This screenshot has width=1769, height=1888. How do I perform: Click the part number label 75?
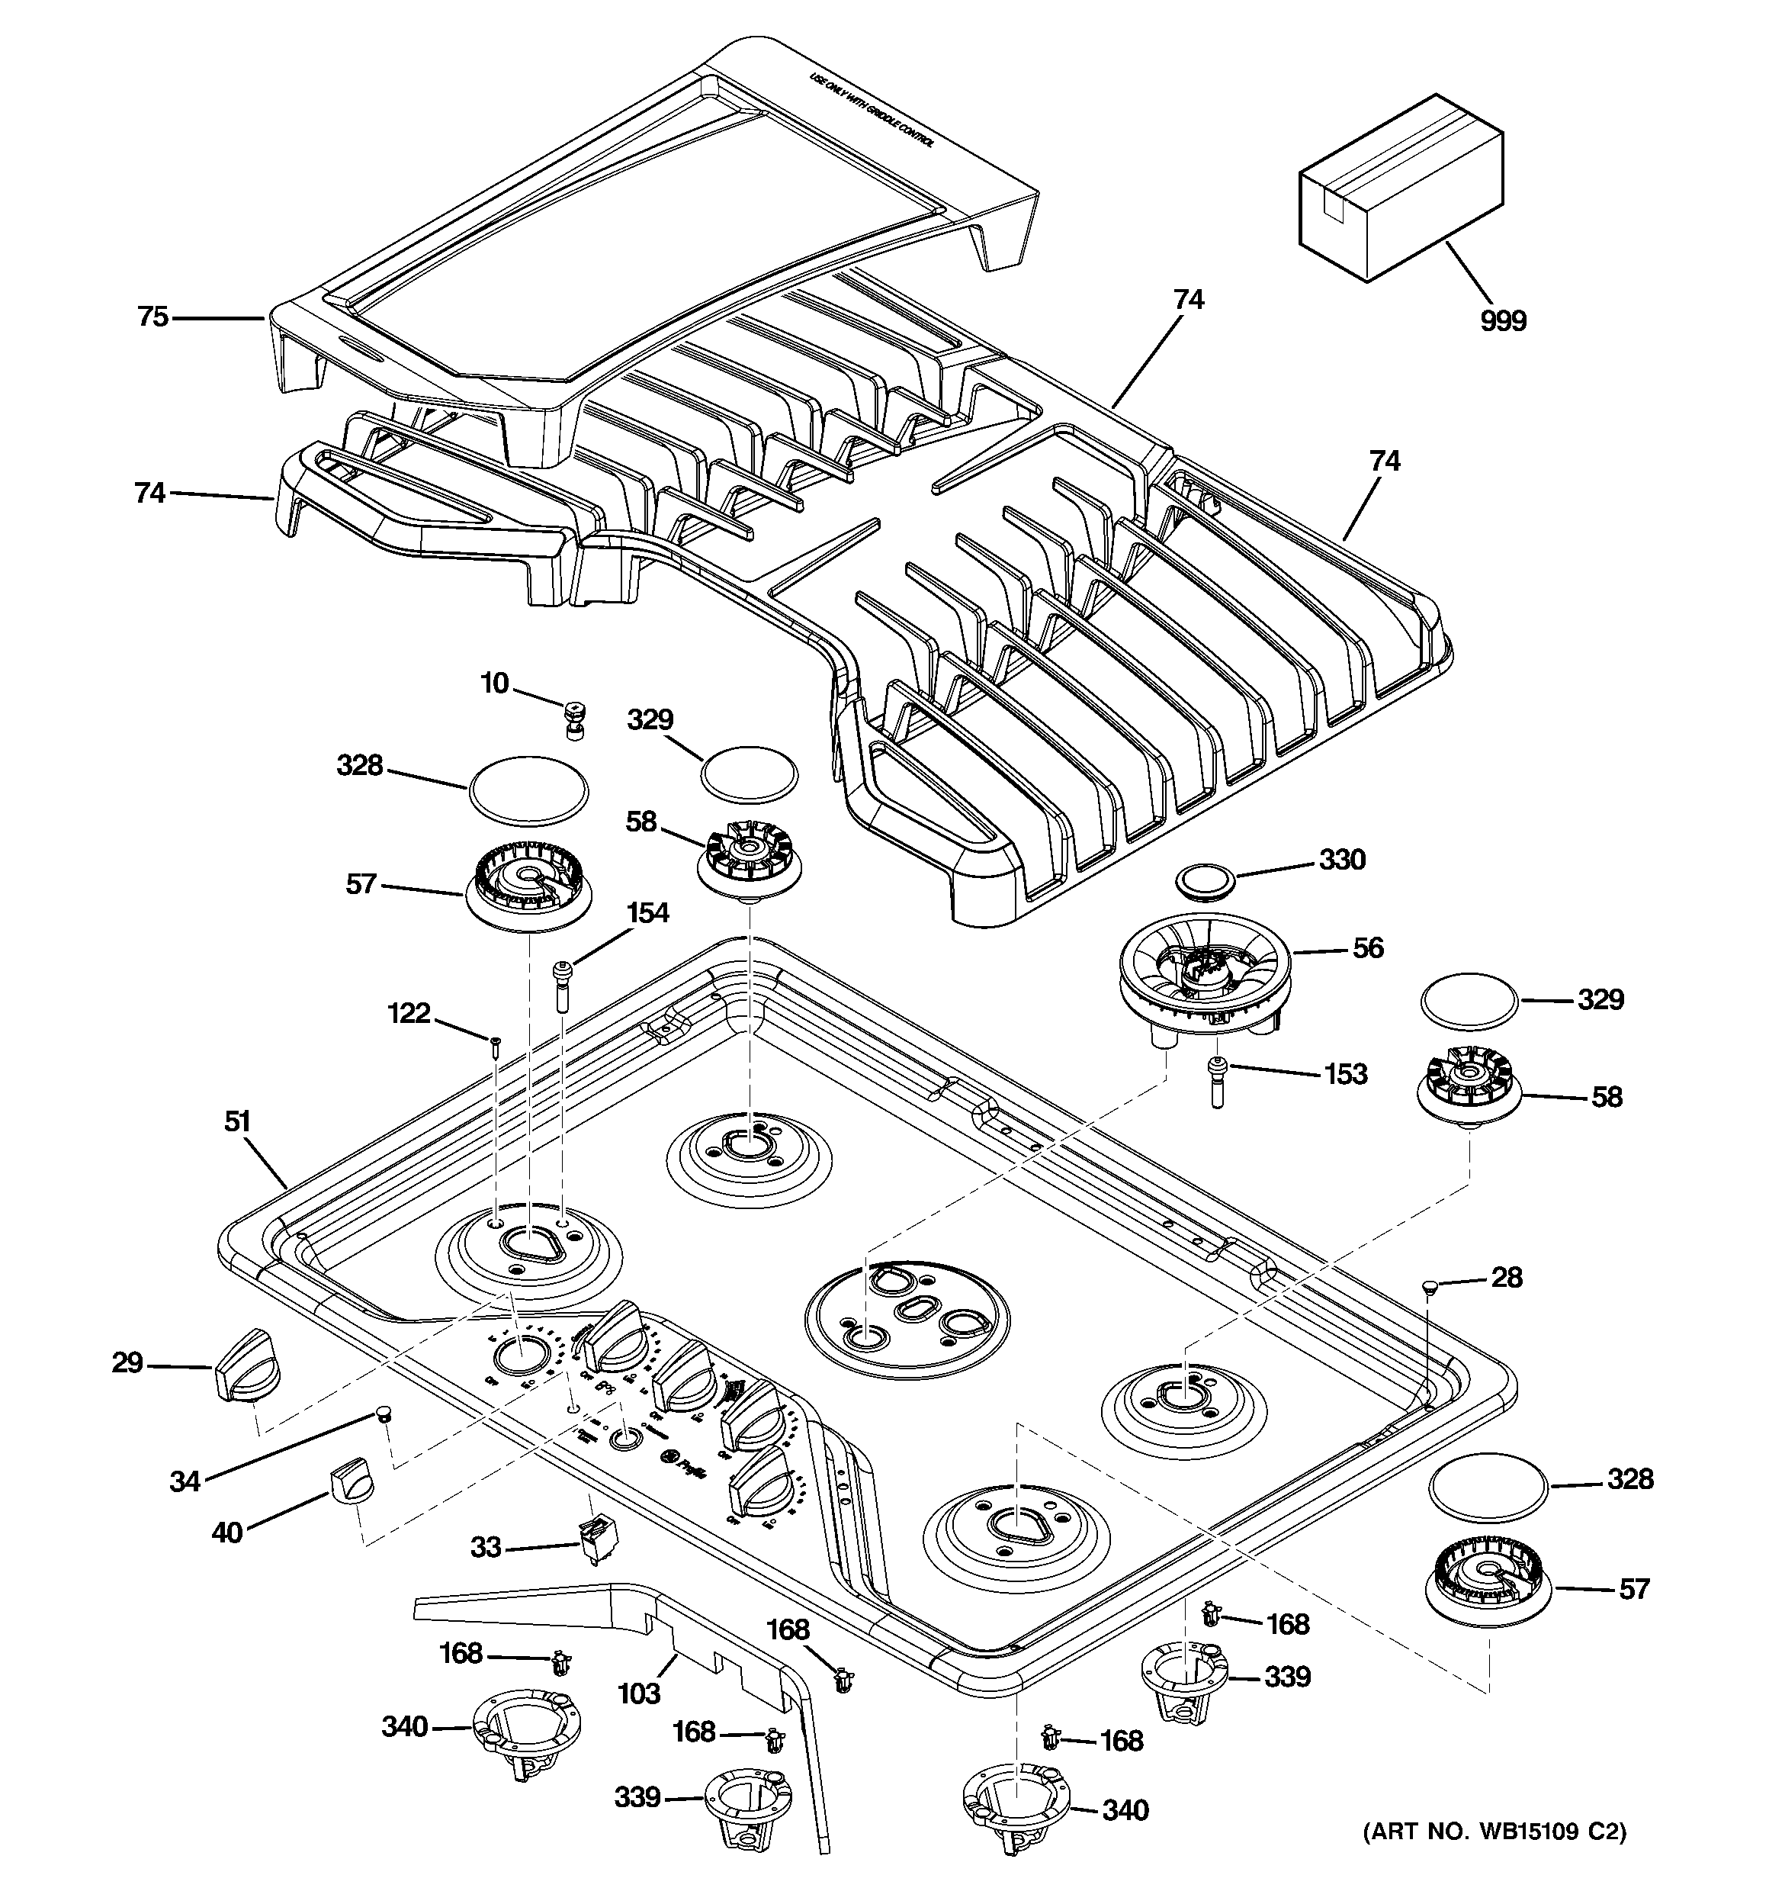tap(152, 317)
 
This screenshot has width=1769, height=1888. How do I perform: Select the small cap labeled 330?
tap(1201, 879)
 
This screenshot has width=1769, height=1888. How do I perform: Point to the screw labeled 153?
tap(1217, 1081)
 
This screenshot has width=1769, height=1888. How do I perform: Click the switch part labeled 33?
tap(592, 1542)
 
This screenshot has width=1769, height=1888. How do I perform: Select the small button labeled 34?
tap(383, 1415)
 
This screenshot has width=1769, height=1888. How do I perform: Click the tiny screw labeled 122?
tap(495, 1047)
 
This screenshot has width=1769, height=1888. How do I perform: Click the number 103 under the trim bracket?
tap(638, 1693)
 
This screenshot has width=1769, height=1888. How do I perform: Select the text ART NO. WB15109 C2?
tap(1494, 1857)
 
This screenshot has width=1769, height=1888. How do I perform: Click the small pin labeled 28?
tap(1428, 1286)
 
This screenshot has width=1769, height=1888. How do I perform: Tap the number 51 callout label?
tap(237, 1121)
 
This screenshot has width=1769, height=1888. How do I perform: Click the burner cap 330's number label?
tap(1342, 860)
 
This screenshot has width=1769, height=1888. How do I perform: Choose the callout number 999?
tap(1503, 321)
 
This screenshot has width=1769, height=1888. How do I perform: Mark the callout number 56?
tap(1367, 947)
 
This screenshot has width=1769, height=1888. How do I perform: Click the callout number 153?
tap(1346, 1074)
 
